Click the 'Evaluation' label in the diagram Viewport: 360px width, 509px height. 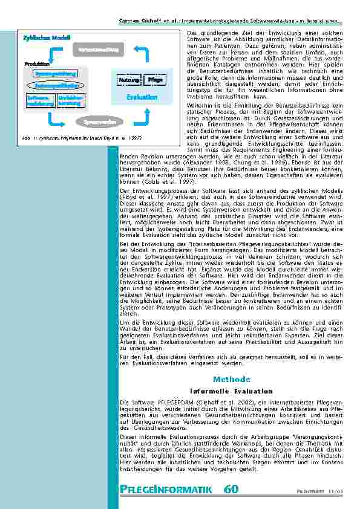[142, 97]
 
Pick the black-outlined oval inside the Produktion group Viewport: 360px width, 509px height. [54, 86]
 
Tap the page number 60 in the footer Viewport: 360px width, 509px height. [231, 489]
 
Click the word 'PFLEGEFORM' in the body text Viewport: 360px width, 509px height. [160, 401]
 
